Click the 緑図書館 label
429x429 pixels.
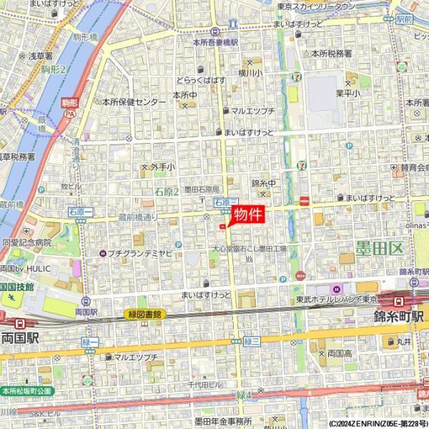tap(145, 314)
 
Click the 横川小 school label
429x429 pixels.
tap(252, 72)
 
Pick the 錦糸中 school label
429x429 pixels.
tap(263, 183)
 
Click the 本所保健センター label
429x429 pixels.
tap(134, 102)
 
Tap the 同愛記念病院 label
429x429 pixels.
tap(27, 243)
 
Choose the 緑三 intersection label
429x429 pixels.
tap(250, 342)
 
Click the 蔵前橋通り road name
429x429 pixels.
tap(137, 217)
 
